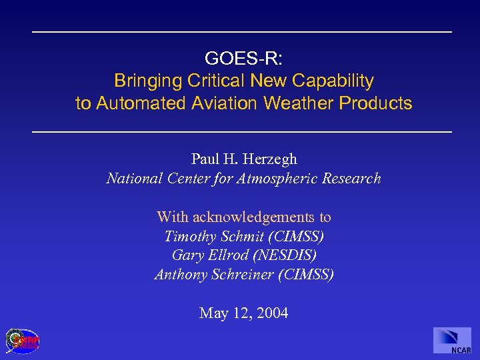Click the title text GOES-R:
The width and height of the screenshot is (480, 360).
(243, 58)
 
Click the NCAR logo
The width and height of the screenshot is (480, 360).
(452, 340)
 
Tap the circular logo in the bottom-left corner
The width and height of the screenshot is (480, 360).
(22, 341)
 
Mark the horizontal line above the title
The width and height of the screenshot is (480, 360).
(242, 32)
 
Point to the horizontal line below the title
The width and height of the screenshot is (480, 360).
(242, 131)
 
